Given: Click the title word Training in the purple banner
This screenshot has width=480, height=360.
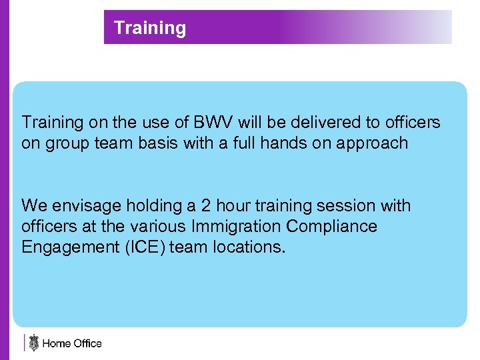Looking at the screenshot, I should tap(150, 28).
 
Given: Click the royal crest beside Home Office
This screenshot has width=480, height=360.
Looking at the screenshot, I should tap(33, 343).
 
